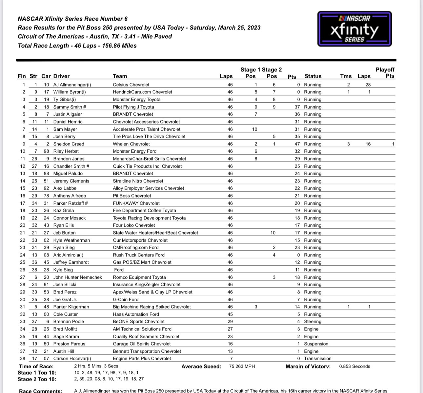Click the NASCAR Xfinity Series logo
[354, 29]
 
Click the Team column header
[120, 76]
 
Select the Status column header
[313, 76]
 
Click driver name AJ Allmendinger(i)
[72, 85]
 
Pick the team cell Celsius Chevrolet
[131, 85]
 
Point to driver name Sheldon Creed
[69, 144]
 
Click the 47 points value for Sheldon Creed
[297, 144]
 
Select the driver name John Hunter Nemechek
[77, 277]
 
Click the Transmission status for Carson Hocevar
[317, 359]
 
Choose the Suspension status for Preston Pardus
[316, 344]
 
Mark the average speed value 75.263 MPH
[242, 366]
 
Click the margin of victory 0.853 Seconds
[354, 366]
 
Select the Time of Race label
[36, 366]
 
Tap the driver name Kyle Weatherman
[71, 240]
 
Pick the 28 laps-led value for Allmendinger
[368, 85]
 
